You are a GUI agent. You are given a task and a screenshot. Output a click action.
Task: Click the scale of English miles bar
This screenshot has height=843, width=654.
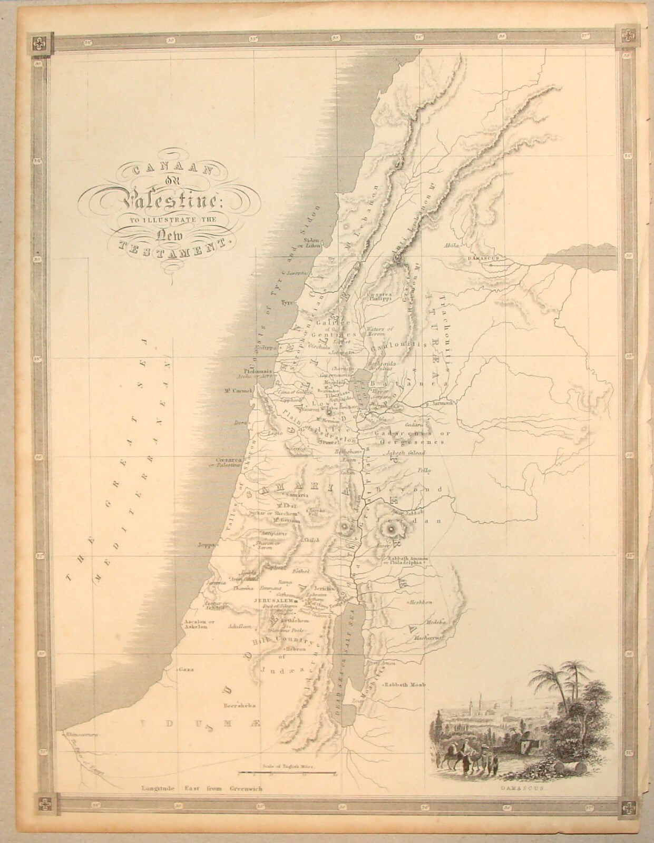(287, 773)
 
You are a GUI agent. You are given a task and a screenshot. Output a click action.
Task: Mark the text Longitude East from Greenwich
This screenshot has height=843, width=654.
(201, 789)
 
